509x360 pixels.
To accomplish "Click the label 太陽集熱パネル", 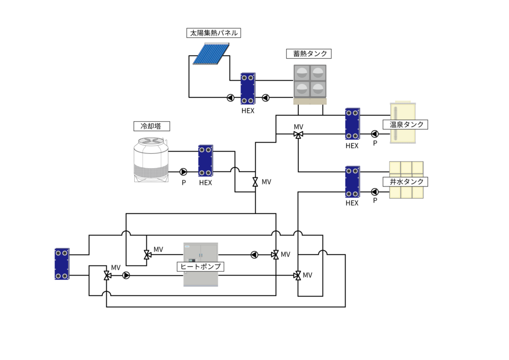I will pos(214,33).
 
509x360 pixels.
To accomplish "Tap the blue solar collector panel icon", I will pos(210,54).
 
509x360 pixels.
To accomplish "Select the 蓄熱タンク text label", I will pos(309,54).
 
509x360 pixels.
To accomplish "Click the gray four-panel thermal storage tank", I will pos(310,81).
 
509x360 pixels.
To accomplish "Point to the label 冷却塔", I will pos(152,126).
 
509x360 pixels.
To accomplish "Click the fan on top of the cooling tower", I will pos(151,141).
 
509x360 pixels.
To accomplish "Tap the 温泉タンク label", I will pos(406,124).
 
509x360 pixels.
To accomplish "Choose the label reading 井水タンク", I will pos(406,181).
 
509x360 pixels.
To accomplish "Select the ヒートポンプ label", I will pos(201,267).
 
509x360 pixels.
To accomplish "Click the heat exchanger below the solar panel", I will pos(248,89).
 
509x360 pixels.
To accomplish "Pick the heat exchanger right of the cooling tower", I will pos(205,160).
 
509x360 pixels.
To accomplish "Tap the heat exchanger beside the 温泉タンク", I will pos(352,124).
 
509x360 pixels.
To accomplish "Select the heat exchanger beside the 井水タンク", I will pos(352,181).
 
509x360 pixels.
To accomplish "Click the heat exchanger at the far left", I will pos(62,264).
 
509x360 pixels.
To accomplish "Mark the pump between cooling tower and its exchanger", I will pos(183,172).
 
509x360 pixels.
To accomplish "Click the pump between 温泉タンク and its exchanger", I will pos(374,134).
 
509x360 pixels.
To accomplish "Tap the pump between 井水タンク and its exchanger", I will pos(374,192).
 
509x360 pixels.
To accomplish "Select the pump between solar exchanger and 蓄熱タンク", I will pos(265,98).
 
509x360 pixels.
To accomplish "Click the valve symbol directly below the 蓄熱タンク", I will pos(298,135).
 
